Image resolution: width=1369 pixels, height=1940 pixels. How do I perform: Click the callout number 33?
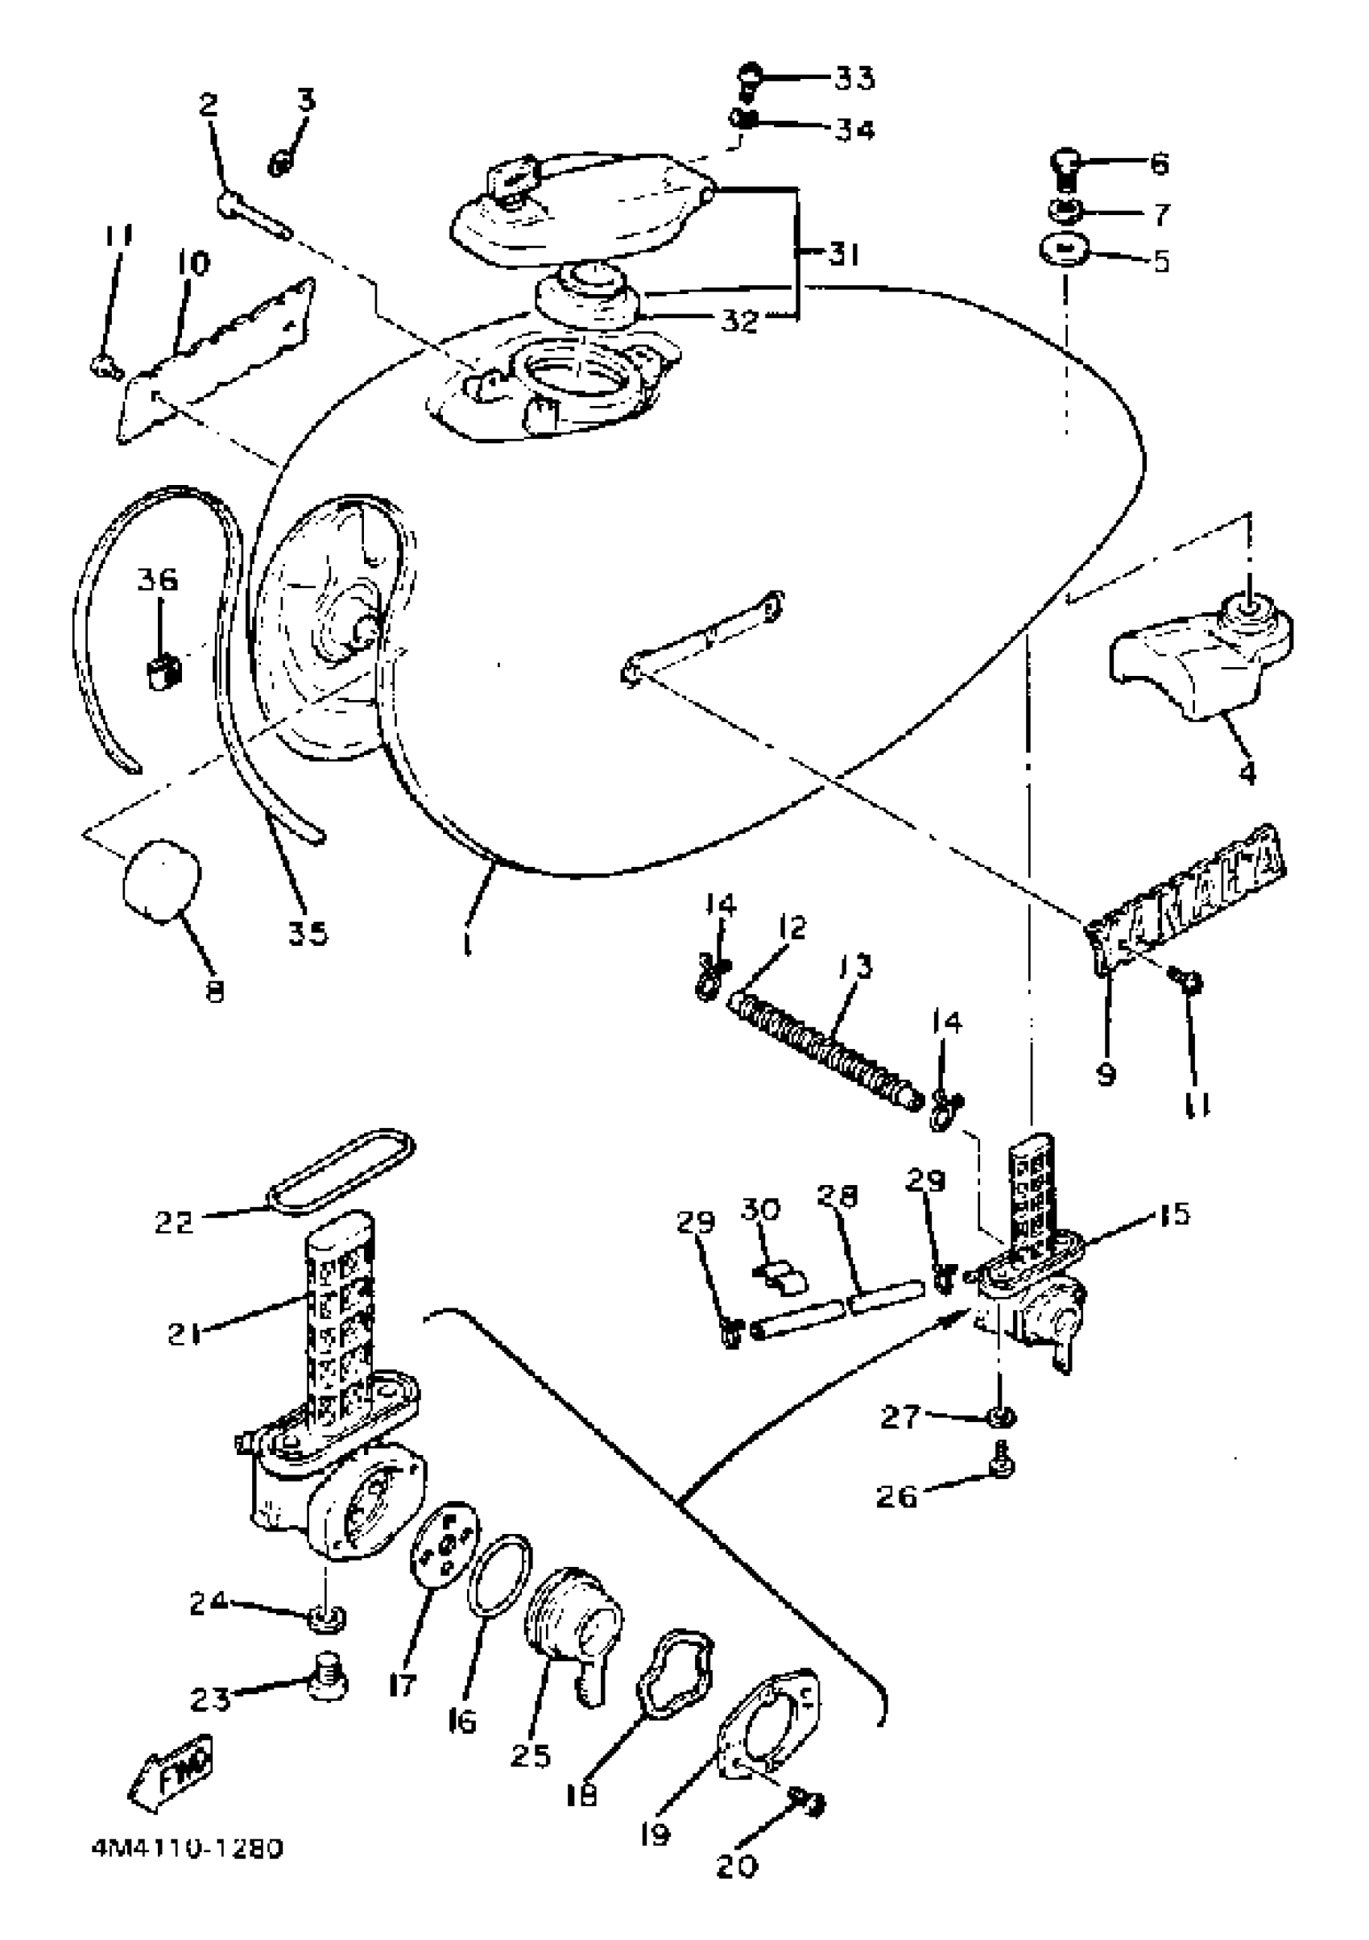click(854, 77)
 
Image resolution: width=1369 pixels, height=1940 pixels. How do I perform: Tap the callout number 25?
click(531, 1755)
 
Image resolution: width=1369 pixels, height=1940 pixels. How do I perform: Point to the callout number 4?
click(1247, 772)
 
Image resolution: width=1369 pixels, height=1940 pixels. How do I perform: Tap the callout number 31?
click(842, 253)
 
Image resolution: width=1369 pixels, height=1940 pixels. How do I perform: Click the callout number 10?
click(193, 263)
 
